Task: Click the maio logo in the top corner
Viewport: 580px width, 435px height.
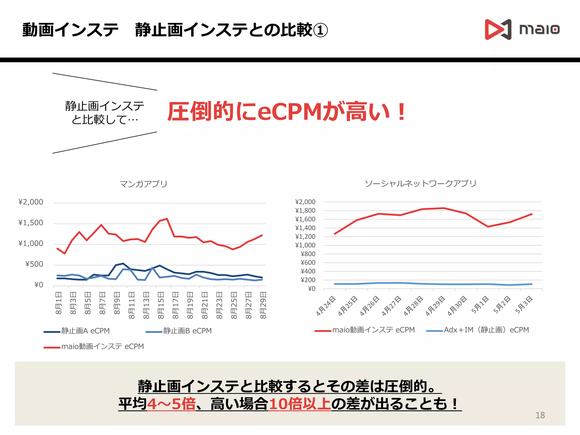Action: (522, 29)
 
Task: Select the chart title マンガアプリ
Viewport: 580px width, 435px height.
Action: (144, 184)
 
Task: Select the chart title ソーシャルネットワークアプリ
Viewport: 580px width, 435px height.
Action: (421, 184)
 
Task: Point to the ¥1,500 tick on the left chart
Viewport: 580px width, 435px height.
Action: (31, 223)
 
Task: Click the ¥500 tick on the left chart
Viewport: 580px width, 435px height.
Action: (34, 264)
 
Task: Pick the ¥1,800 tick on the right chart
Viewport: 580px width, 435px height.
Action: (305, 210)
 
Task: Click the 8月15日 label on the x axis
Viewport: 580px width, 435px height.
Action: (161, 305)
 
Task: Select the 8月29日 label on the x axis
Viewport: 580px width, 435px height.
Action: (263, 305)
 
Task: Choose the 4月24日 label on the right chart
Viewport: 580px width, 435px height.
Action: (326, 306)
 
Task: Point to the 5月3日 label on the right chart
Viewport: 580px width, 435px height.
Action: (524, 305)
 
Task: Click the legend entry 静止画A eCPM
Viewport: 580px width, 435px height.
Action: (85, 331)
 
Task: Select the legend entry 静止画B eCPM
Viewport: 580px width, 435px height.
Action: (187, 331)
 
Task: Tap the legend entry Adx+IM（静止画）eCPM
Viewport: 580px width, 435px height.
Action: (486, 330)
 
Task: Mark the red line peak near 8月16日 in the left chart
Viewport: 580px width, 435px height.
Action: (167, 219)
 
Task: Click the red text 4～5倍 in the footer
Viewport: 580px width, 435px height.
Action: (171, 404)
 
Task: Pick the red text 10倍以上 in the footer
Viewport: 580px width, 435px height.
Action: (300, 404)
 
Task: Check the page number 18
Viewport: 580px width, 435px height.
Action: (540, 415)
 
